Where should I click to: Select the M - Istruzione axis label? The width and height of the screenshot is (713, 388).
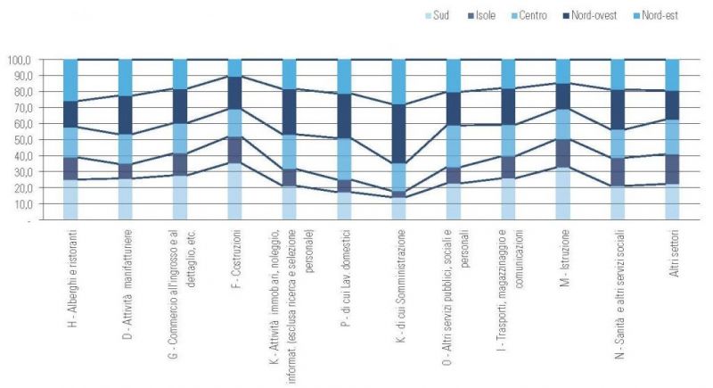tap(563, 259)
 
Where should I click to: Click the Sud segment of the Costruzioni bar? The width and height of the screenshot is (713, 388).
tap(235, 191)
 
